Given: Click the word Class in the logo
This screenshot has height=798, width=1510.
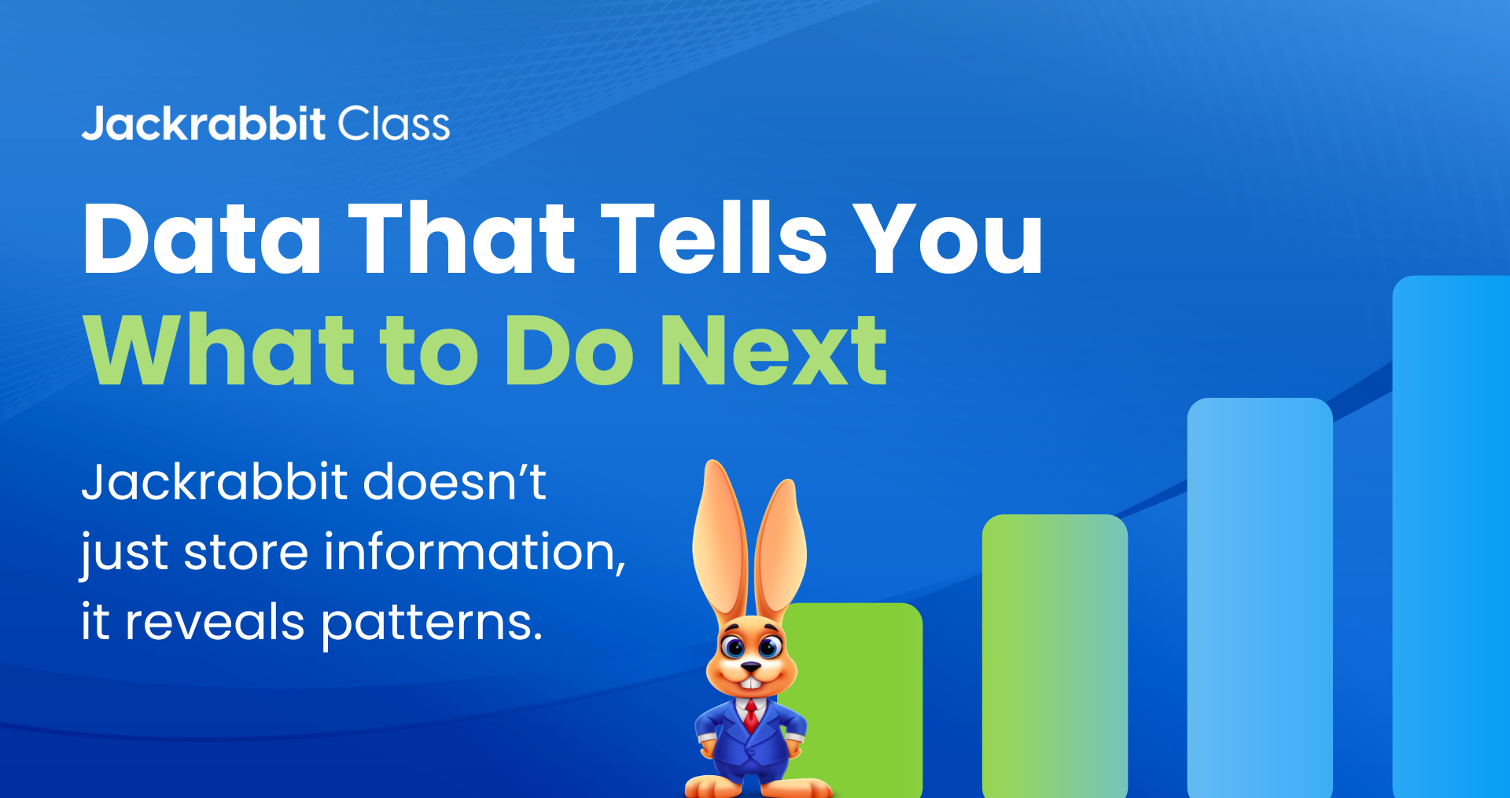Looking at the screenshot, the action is click(x=394, y=124).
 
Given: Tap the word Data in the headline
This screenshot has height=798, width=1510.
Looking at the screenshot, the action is click(x=202, y=238).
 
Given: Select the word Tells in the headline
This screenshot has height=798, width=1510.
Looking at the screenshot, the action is click(x=714, y=237).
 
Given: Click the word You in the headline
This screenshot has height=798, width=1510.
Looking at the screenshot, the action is click(x=948, y=238).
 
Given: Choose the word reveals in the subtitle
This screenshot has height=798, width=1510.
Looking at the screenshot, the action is click(x=215, y=622).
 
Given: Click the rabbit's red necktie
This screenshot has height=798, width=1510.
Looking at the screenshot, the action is click(x=752, y=715).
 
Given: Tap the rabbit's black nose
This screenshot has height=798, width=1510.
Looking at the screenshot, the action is click(x=751, y=667).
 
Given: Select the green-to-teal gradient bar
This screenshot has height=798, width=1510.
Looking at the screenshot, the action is click(x=1055, y=656).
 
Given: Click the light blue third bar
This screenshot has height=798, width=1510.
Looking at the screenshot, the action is click(x=1260, y=598).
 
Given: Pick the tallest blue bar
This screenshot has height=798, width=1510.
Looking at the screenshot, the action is click(x=1451, y=537).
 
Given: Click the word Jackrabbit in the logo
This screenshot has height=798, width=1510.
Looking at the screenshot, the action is click(x=204, y=124).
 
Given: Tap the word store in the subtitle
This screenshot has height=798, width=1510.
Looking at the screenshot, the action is click(x=246, y=552).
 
